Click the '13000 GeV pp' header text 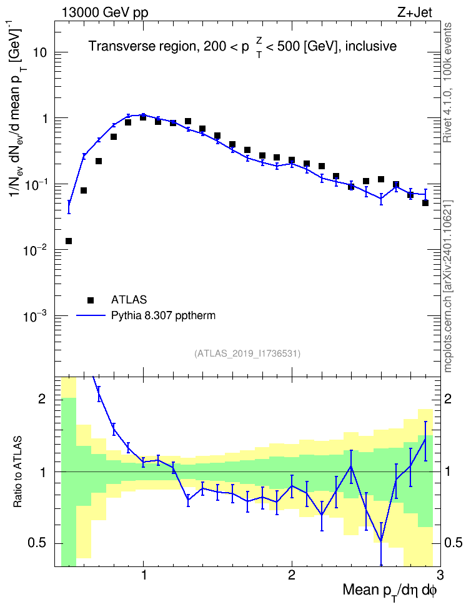pos(104,13)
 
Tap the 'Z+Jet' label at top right pos(415,12)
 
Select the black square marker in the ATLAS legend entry pos(91,300)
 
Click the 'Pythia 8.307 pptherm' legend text pos(163,316)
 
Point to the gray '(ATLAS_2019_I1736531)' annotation pos(247,353)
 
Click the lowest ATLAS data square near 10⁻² pos(69,241)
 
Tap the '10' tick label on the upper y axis pos(39,52)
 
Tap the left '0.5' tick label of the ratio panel pos(37,543)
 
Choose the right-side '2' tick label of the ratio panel pos(448,398)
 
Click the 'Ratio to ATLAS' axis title pos(17,472)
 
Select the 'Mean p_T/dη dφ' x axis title pos(390,591)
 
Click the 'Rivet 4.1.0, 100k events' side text pos(447,82)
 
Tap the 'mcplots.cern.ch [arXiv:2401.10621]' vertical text pos(448,286)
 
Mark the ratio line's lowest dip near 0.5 pos(381,541)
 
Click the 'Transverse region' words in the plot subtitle pos(142,46)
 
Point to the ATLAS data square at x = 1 pos(143,117)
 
